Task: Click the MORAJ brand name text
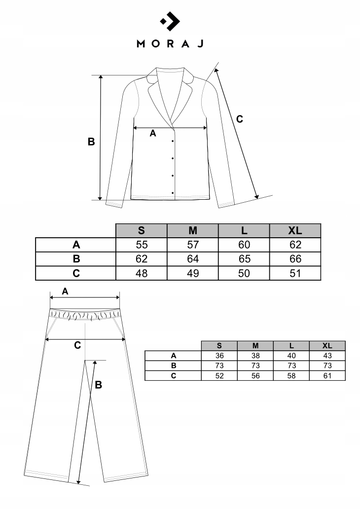pos(170,43)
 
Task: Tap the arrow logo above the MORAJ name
pos(170,21)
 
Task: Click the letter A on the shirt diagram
pos(152,133)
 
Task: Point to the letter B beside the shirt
pos(91,142)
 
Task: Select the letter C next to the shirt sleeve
pos(240,119)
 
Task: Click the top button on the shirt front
pos(173,142)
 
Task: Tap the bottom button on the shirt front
pos(173,192)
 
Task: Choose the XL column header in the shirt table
pos(295,230)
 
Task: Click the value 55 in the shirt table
pos(142,245)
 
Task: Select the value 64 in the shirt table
pos(193,259)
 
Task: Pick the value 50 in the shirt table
pos(244,273)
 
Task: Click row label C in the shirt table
pos(75,273)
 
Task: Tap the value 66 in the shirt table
pos(295,259)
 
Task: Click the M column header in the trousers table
pos(255,346)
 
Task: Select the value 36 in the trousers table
pos(219,356)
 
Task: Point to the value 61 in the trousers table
pos(327,375)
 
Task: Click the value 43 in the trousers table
pos(327,356)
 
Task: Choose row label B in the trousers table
pos(173,365)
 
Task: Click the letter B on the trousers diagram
pos(98,385)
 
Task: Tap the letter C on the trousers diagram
pos(77,345)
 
